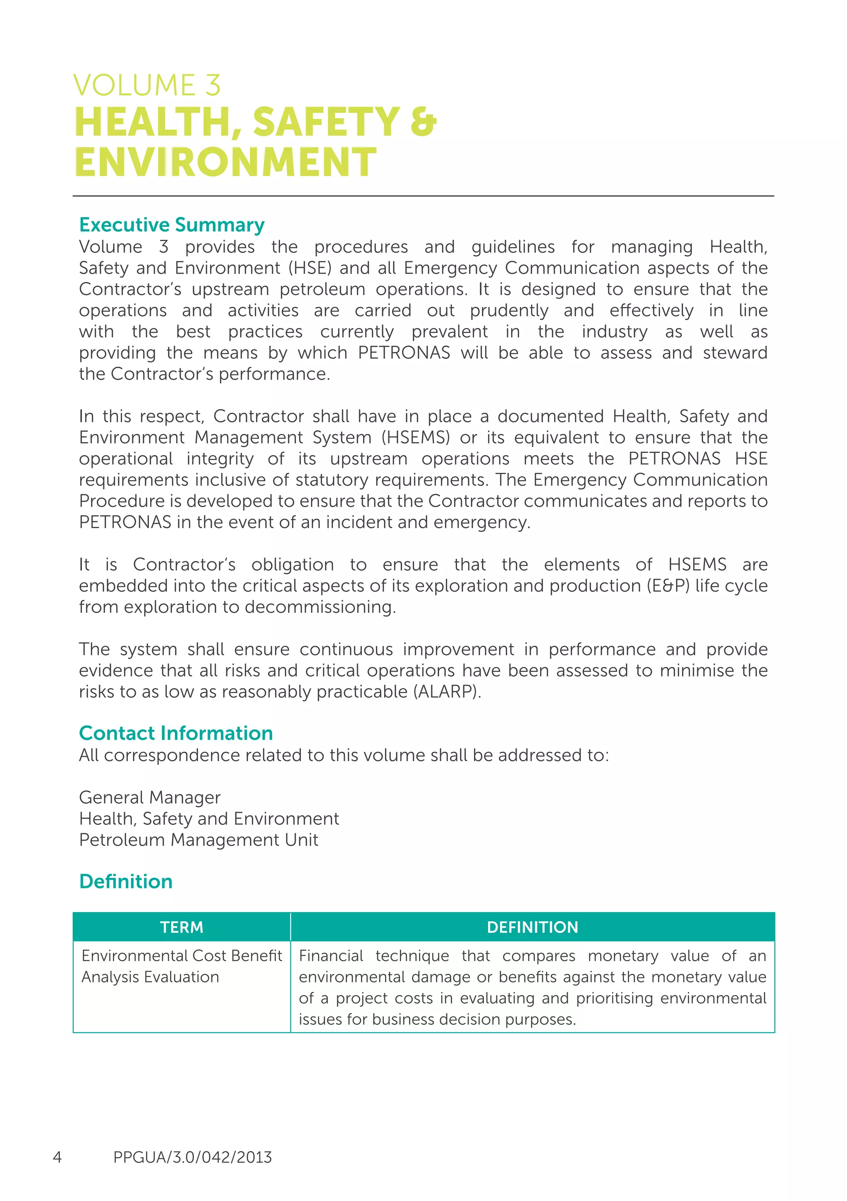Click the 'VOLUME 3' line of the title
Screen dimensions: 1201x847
pos(146,85)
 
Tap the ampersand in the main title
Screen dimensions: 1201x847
pos(423,122)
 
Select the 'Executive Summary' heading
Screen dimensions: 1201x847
pos(172,225)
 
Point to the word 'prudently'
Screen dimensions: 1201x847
pos(509,311)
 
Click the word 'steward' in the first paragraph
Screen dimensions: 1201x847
pos(735,353)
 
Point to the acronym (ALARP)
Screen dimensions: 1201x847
pos(447,692)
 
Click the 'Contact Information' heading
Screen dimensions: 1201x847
pos(176,733)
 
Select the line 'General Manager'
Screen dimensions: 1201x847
pos(150,798)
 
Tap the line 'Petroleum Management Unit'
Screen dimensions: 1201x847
pos(199,840)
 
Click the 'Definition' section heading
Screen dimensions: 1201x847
pos(126,882)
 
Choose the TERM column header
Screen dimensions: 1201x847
pos(182,927)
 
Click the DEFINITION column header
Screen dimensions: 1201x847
pos(532,927)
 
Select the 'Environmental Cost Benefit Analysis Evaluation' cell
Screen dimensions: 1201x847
pos(181,967)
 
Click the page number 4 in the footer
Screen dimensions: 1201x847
pos(57,1158)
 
